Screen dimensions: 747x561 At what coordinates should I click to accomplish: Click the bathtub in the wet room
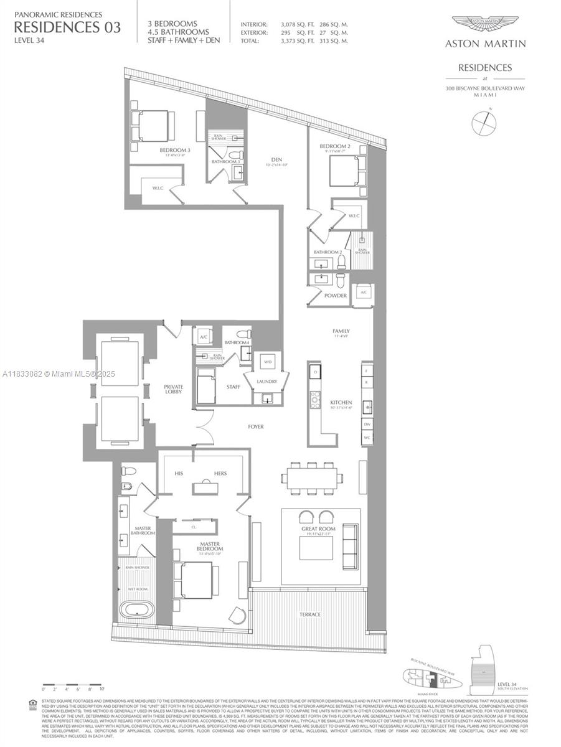136,608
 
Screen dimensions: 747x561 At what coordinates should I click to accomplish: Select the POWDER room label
336,296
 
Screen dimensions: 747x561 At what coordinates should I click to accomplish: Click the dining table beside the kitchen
312,477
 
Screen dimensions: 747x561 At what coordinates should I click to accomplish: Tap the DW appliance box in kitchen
367,423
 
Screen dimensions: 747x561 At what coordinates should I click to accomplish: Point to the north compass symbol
484,122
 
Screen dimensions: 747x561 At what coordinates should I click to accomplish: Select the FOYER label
255,427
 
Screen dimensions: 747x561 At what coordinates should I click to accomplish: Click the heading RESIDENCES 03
67,27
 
